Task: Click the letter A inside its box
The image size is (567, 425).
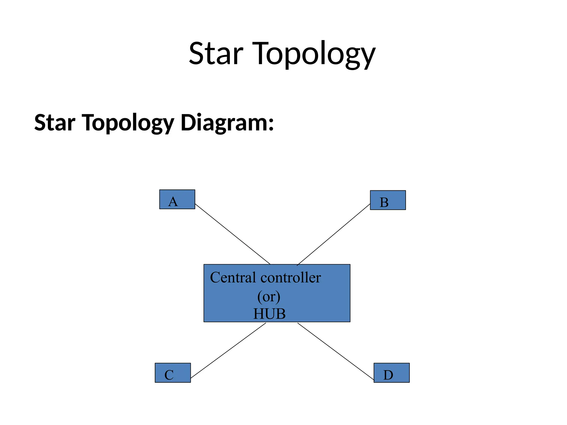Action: pyautogui.click(x=173, y=202)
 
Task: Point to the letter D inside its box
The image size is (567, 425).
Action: pyautogui.click(x=388, y=375)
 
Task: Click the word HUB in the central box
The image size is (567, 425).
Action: pyautogui.click(x=269, y=314)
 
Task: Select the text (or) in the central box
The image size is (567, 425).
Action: pyautogui.click(x=269, y=297)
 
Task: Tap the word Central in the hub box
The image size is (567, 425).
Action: pyautogui.click(x=233, y=278)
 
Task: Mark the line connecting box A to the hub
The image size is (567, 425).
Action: pyautogui.click(x=233, y=234)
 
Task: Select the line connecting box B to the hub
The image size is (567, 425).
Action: pyautogui.click(x=334, y=234)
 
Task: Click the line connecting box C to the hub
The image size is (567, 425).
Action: pyautogui.click(x=228, y=351)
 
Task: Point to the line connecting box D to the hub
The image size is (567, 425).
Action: pyautogui.click(x=336, y=351)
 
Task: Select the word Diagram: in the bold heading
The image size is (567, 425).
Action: pyautogui.click(x=227, y=123)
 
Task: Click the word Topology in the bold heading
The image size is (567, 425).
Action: pyautogui.click(x=128, y=123)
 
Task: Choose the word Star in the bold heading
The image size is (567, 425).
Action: pyautogui.click(x=55, y=123)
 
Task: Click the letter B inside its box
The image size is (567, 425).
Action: pyautogui.click(x=384, y=203)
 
